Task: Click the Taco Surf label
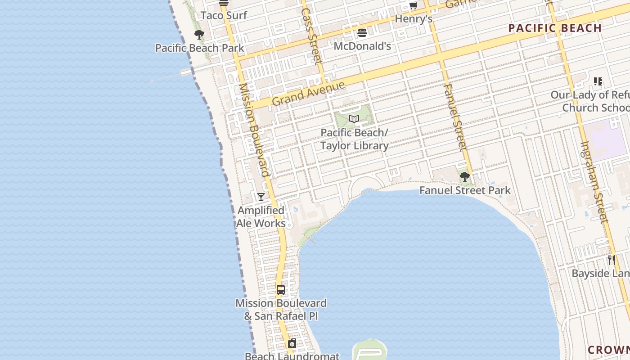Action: click(x=224, y=15)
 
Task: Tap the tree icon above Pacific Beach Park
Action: click(x=199, y=35)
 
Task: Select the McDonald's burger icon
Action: click(x=362, y=33)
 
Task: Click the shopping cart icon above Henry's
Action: click(x=413, y=5)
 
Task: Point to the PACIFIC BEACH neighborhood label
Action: click(x=555, y=28)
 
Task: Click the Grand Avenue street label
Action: click(x=308, y=93)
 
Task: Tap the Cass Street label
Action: click(x=311, y=35)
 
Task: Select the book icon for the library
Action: click(x=354, y=119)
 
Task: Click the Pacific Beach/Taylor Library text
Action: click(x=354, y=139)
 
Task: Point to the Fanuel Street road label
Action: click(x=455, y=116)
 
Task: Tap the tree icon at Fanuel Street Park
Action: click(x=465, y=177)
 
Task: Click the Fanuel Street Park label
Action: click(x=465, y=190)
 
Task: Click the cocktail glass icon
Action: click(x=261, y=197)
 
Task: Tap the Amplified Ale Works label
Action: click(x=261, y=216)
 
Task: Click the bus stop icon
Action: click(x=281, y=290)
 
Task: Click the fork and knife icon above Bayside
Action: click(x=612, y=260)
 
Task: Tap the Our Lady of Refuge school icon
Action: click(x=598, y=81)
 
